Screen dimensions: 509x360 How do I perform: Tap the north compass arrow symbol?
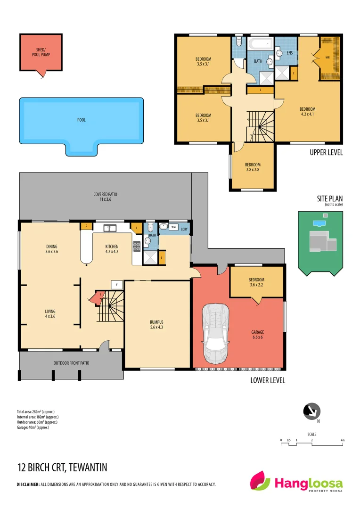(x=311, y=411)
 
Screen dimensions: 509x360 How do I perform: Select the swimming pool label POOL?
(x=82, y=120)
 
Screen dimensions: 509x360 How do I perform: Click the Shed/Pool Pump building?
(x=41, y=52)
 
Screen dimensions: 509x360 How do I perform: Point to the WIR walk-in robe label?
(x=327, y=57)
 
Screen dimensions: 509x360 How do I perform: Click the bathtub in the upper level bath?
(x=261, y=46)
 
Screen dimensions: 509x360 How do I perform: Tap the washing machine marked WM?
(x=174, y=228)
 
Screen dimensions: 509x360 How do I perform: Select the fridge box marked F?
(x=116, y=284)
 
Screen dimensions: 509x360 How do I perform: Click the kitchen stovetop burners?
(x=137, y=246)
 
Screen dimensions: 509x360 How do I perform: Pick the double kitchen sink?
(x=110, y=229)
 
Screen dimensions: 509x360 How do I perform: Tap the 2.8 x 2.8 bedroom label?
(x=253, y=167)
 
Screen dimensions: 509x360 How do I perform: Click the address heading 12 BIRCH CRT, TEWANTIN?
(x=62, y=468)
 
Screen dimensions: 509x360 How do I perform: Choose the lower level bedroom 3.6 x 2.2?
(x=256, y=282)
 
